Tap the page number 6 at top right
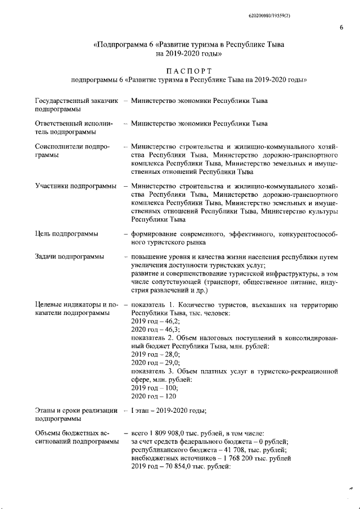point(341,28)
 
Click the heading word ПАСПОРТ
point(188,71)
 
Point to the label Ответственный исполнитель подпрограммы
point(74,128)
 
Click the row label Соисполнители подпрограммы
point(71,150)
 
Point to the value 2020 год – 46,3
point(152,329)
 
